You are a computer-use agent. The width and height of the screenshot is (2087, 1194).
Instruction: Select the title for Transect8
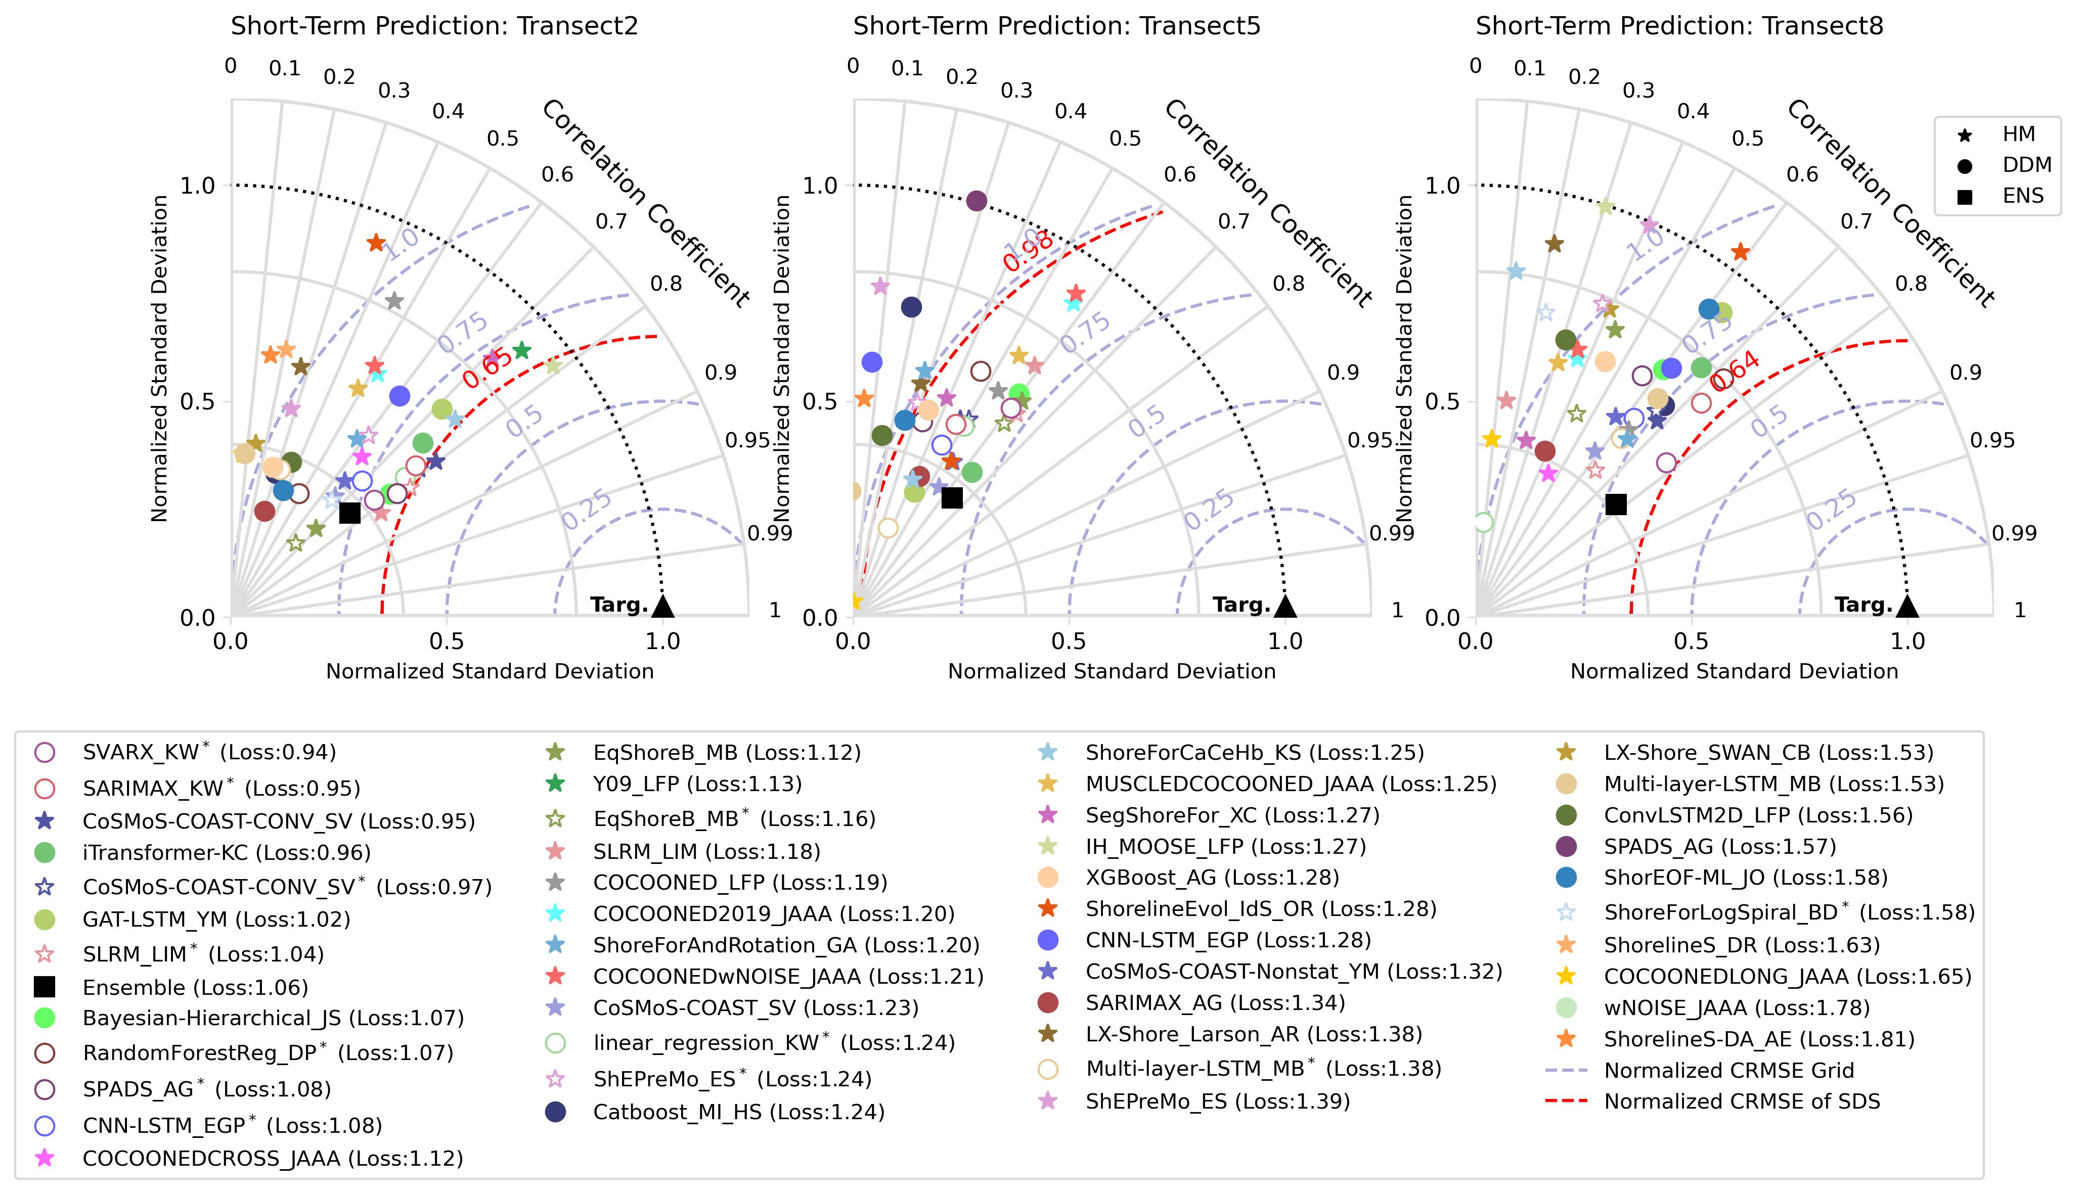coord(1679,26)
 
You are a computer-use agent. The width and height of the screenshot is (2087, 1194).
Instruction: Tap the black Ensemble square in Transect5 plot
coord(952,497)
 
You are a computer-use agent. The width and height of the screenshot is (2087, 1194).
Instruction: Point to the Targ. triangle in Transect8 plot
coord(1907,606)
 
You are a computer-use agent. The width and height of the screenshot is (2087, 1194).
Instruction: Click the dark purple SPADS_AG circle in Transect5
coord(976,201)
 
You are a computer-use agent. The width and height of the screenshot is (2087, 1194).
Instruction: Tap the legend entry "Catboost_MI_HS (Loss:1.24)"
coord(738,1112)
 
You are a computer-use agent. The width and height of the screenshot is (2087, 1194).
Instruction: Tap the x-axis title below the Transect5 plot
coord(1112,672)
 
